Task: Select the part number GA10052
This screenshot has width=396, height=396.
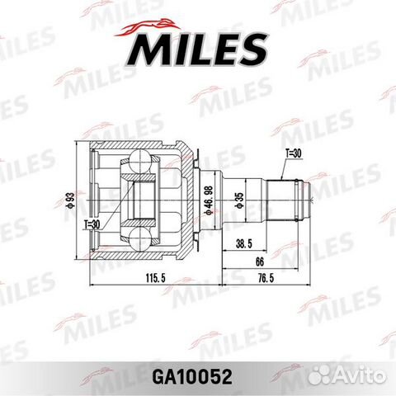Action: coord(197,375)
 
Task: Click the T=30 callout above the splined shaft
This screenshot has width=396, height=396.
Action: coord(294,153)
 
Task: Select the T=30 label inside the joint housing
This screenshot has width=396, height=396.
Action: coord(92,224)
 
